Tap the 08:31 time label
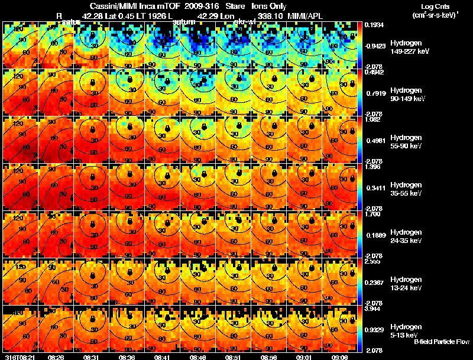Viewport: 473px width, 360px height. pos(92,356)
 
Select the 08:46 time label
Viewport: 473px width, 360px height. pos(199,356)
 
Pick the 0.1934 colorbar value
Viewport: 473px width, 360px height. pos(372,25)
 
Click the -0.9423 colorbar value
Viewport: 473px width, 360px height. pos(374,44)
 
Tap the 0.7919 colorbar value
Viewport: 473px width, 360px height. pos(374,92)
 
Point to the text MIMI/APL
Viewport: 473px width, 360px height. pos(307,15)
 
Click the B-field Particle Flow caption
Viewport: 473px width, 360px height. pos(441,342)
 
